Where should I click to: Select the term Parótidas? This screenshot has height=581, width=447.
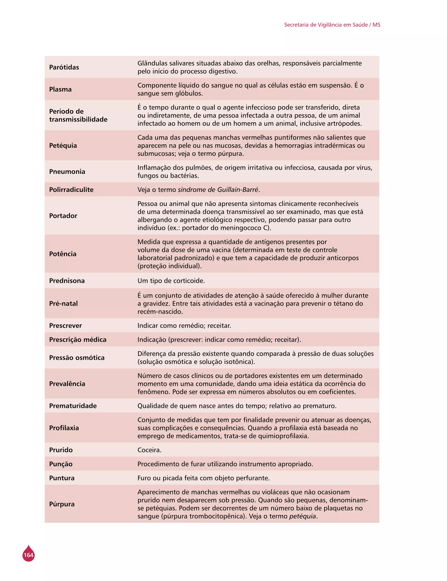(x=64, y=67)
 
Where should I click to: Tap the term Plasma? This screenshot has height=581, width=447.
(x=60, y=89)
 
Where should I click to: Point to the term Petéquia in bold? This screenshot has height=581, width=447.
(x=63, y=146)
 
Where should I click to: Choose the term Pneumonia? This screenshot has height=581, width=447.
(x=67, y=171)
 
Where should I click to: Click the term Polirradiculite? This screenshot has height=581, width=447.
(x=71, y=190)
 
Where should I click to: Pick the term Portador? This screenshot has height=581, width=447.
(x=63, y=216)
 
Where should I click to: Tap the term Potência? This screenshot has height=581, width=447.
(x=63, y=254)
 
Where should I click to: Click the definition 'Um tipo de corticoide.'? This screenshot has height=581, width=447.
(x=171, y=281)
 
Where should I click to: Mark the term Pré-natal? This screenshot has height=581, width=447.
(x=64, y=303)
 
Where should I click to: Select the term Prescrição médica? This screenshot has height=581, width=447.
(x=78, y=339)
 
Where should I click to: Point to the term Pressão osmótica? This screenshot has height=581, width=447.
(x=77, y=358)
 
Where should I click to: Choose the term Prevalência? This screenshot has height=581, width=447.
(x=67, y=384)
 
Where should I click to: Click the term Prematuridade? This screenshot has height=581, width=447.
(x=73, y=406)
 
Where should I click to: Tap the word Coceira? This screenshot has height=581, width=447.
(x=149, y=450)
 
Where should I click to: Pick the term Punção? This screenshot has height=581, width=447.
(x=61, y=464)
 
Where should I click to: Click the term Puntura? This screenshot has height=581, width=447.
(x=62, y=478)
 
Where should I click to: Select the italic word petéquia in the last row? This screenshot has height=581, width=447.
(x=303, y=516)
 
